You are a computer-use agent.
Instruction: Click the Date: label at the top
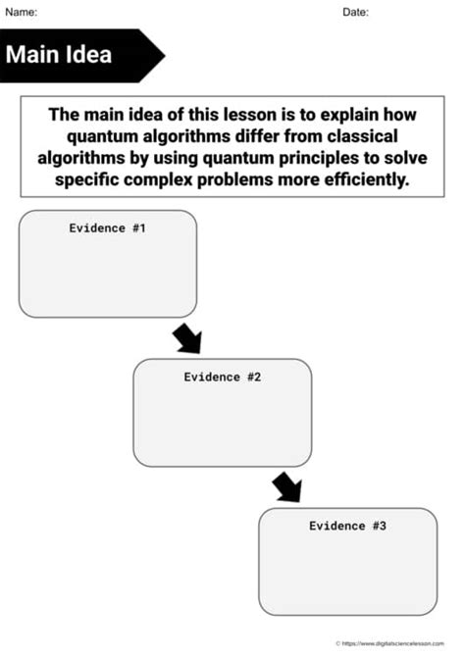point(355,12)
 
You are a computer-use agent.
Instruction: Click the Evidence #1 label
point(107,227)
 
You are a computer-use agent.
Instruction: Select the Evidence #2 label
point(222,377)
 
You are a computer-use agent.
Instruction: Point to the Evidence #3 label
point(347,526)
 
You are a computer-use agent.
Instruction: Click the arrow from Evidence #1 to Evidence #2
point(186,338)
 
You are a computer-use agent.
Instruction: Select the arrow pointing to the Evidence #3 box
point(286,486)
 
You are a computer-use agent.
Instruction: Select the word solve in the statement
point(408,158)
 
